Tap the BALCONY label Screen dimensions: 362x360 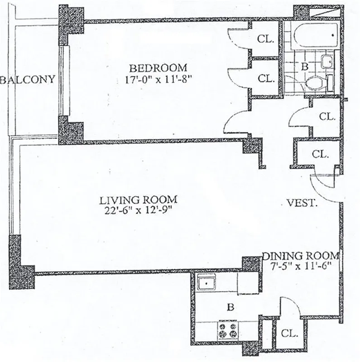pyautogui.click(x=28, y=80)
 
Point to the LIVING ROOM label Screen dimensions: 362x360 pyautogui.click(x=139, y=199)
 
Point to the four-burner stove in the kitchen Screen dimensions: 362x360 pyautogui.click(x=228, y=330)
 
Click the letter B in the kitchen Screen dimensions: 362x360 pyautogui.click(x=230, y=308)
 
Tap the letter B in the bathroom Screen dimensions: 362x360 pyautogui.click(x=304, y=66)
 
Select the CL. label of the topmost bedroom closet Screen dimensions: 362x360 pyautogui.click(x=266, y=39)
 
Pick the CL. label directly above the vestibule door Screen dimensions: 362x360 pyautogui.click(x=320, y=154)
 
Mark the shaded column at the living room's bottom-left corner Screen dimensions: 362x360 pyautogui.click(x=23, y=271)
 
